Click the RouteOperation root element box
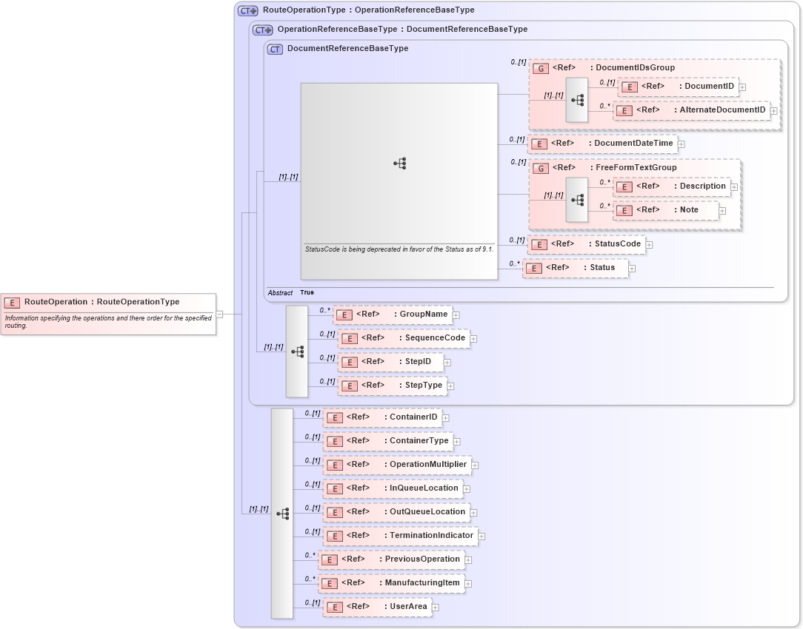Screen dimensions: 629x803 click(x=109, y=302)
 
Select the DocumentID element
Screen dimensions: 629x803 click(x=678, y=87)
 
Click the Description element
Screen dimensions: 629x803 click(x=671, y=186)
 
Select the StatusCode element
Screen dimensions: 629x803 click(x=586, y=244)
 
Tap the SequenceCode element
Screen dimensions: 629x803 click(x=403, y=338)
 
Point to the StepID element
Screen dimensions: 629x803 click(x=390, y=362)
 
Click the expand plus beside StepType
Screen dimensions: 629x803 click(x=450, y=386)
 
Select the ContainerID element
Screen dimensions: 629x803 click(x=382, y=417)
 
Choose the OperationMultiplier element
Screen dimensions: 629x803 click(x=397, y=465)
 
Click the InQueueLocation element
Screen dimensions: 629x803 click(x=393, y=488)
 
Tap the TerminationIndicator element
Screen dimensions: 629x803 click(x=400, y=536)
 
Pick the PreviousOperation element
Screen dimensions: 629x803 click(x=391, y=559)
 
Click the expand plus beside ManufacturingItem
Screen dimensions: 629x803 click(x=468, y=584)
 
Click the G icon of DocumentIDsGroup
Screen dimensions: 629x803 click(x=542, y=68)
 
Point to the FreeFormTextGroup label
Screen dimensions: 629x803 click(x=636, y=168)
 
